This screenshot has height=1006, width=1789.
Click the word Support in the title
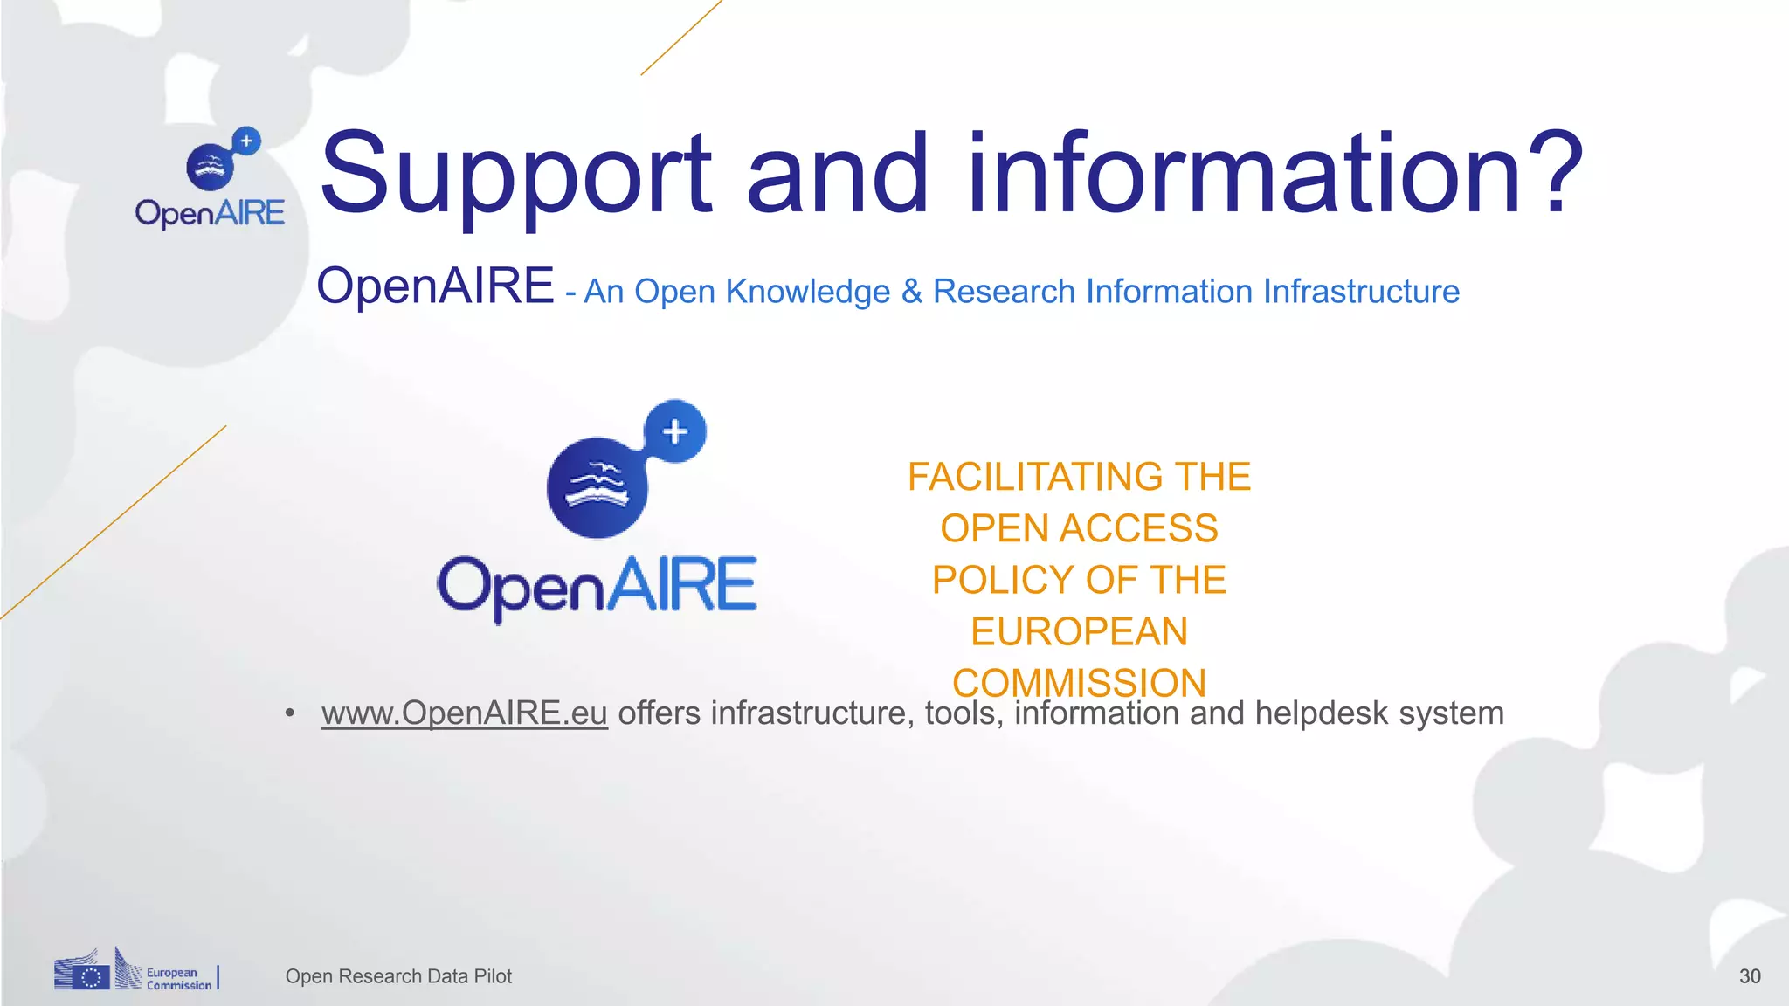(516, 175)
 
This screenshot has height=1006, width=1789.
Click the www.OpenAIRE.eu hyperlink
(464, 713)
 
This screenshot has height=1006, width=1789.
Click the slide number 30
(1749, 976)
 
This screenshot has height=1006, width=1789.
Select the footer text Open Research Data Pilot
(398, 976)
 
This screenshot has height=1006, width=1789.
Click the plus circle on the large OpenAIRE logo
(674, 431)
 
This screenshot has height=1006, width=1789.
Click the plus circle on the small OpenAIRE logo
(247, 141)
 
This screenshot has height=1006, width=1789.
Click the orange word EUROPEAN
(1079, 631)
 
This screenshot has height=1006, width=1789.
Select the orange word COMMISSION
(1079, 682)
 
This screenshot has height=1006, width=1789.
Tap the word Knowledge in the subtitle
(807, 292)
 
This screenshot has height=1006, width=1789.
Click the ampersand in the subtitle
(911, 292)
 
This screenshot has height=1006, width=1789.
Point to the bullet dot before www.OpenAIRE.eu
(290, 714)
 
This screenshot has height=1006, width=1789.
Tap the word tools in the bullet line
(962, 713)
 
